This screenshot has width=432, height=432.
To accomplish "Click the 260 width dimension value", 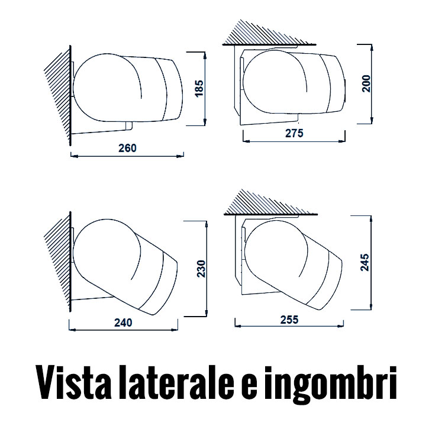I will [127, 148].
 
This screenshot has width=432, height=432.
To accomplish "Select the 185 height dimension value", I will [199, 89].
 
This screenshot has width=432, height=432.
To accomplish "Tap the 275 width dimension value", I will [294, 134].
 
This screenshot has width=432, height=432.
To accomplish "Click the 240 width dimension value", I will [122, 323].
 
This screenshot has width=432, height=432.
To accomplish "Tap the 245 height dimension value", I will [364, 262].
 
